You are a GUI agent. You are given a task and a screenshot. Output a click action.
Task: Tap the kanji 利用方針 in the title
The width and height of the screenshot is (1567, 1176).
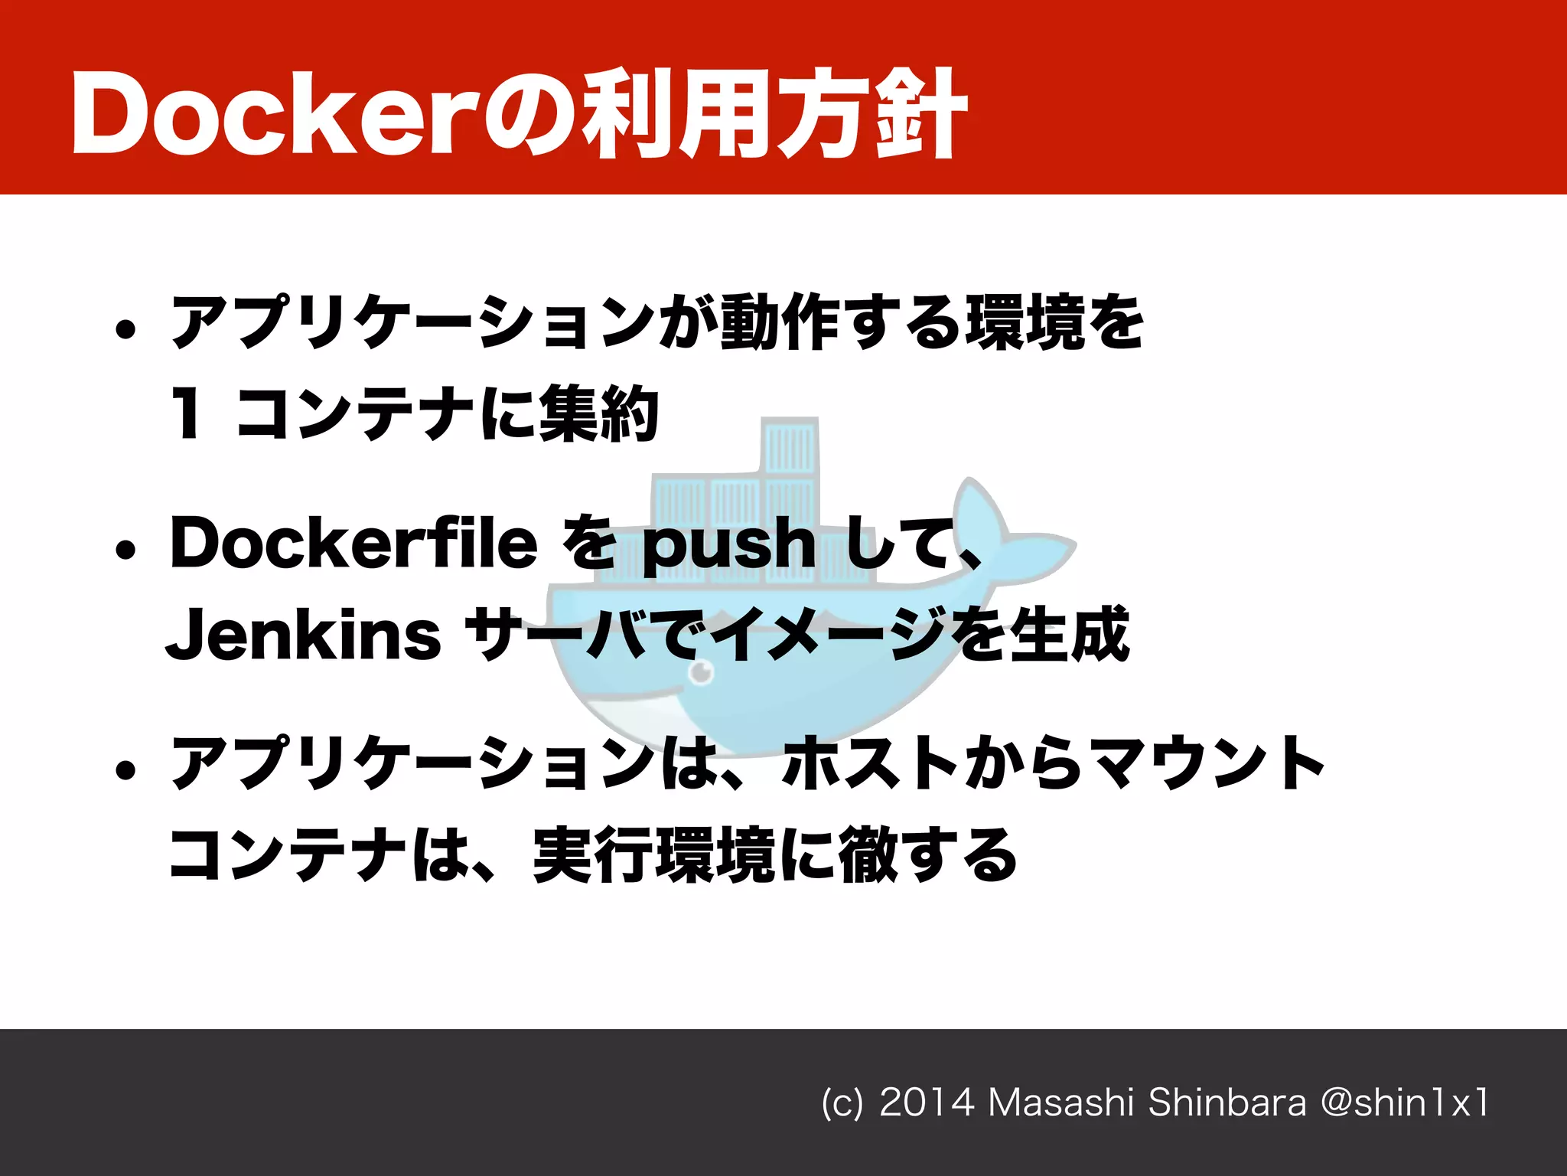point(773,115)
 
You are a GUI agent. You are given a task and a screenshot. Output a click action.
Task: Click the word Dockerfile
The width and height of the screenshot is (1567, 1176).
point(353,543)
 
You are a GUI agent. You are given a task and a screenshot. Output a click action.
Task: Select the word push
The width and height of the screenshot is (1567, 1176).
point(728,545)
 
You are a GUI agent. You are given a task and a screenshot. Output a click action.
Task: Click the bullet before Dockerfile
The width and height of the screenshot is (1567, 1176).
point(125,550)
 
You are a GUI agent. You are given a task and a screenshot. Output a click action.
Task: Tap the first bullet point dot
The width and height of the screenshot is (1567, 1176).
point(125,330)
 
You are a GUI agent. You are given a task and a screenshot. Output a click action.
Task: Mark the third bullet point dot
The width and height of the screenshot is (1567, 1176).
point(125,770)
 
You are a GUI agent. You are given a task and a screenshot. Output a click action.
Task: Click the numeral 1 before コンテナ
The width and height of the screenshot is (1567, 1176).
point(187,413)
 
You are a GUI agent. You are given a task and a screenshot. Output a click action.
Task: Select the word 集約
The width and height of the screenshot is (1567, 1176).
point(598,414)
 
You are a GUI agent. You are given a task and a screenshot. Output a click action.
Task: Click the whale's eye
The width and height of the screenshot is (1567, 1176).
point(701,674)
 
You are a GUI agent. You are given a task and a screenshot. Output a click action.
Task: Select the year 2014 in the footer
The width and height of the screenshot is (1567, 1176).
point(927,1103)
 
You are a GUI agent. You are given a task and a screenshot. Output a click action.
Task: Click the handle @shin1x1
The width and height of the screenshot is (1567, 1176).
point(1406,1103)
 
